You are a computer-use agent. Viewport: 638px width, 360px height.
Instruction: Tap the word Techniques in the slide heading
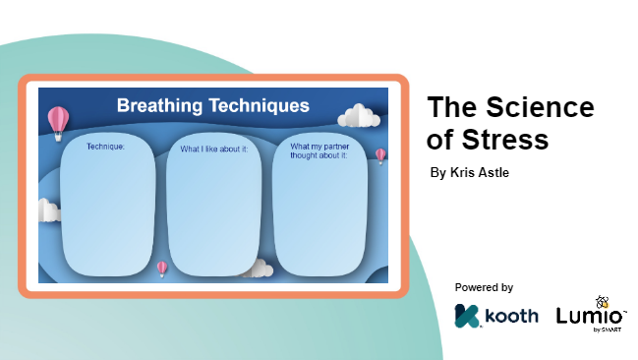[x=261, y=105]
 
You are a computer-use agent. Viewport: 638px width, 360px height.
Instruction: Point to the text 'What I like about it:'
[x=214, y=150]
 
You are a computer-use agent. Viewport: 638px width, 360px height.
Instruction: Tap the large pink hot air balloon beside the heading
[x=59, y=121]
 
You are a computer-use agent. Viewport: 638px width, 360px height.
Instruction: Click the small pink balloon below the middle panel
[x=162, y=267]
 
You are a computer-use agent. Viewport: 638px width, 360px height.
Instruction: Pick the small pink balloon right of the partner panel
[x=380, y=154]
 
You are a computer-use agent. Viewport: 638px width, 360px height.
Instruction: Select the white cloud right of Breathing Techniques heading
[x=360, y=116]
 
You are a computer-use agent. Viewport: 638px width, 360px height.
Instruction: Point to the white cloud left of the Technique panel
[x=49, y=210]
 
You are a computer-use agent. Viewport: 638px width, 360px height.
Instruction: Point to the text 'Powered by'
[x=484, y=287]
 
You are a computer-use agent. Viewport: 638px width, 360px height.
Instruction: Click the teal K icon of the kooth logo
[x=466, y=317]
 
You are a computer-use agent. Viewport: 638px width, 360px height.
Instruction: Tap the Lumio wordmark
[x=588, y=317]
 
